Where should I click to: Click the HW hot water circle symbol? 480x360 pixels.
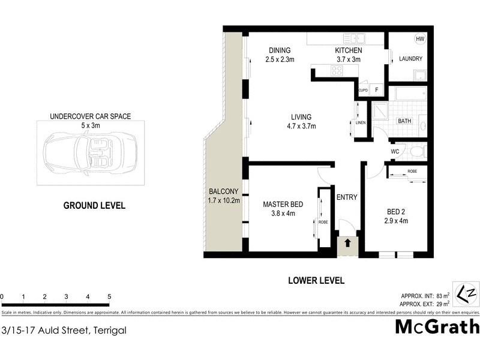[x=419, y=39]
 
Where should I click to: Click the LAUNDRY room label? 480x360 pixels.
[x=410, y=59]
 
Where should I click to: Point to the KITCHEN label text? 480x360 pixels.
[x=347, y=50]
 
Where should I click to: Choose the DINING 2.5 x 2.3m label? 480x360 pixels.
[x=279, y=55]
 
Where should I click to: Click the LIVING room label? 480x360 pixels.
[x=301, y=121]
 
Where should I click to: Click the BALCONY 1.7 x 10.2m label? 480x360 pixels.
[x=224, y=196]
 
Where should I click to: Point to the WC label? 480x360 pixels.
[x=395, y=151]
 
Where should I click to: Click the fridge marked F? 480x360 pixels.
[x=376, y=90]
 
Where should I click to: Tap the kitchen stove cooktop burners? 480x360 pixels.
[x=337, y=71]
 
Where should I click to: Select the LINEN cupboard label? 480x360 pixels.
[x=360, y=123]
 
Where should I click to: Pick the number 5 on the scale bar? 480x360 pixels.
[x=109, y=296]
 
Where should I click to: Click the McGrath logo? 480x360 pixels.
[x=437, y=328]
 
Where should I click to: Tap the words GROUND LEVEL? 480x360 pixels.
[x=94, y=206]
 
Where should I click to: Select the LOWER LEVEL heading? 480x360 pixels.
[x=316, y=280]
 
